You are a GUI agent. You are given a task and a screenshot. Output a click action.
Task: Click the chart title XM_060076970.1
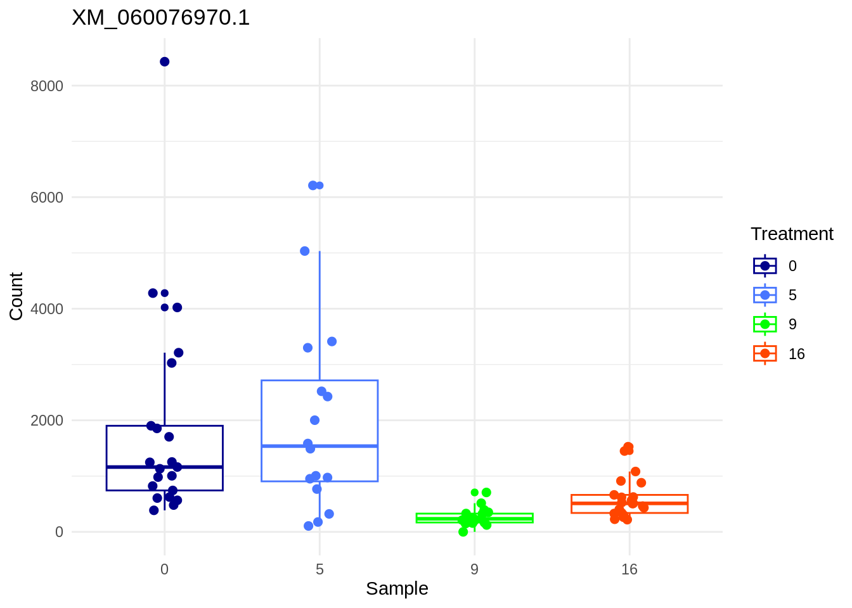(161, 18)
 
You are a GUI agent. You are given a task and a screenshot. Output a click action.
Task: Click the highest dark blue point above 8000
(165, 61)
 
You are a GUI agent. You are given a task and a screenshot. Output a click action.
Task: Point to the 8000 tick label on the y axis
(47, 86)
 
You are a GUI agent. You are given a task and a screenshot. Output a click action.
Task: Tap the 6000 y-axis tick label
(47, 198)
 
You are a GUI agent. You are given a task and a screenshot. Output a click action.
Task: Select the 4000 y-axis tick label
(47, 309)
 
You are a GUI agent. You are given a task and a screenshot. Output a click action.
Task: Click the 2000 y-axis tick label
(47, 421)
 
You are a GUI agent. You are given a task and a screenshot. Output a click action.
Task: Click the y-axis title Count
(16, 296)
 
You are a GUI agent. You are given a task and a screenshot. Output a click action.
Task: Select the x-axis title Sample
(397, 589)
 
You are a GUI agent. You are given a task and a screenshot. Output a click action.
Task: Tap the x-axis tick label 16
(629, 569)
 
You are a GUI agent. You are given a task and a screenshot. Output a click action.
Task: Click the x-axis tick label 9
(474, 569)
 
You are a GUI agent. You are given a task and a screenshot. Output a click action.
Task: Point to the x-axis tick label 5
(319, 569)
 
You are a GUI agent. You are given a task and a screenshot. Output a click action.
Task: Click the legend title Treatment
(792, 234)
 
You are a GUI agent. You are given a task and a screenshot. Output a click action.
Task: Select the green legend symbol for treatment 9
(765, 324)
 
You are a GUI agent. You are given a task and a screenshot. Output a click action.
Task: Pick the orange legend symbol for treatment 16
(765, 353)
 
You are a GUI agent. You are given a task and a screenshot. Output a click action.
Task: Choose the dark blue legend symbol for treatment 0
(765, 266)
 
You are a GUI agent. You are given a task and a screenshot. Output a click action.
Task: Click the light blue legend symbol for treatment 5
(765, 295)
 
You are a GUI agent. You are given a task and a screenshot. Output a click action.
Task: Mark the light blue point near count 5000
(305, 251)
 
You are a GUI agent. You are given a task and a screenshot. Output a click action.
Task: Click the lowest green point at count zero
(463, 532)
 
